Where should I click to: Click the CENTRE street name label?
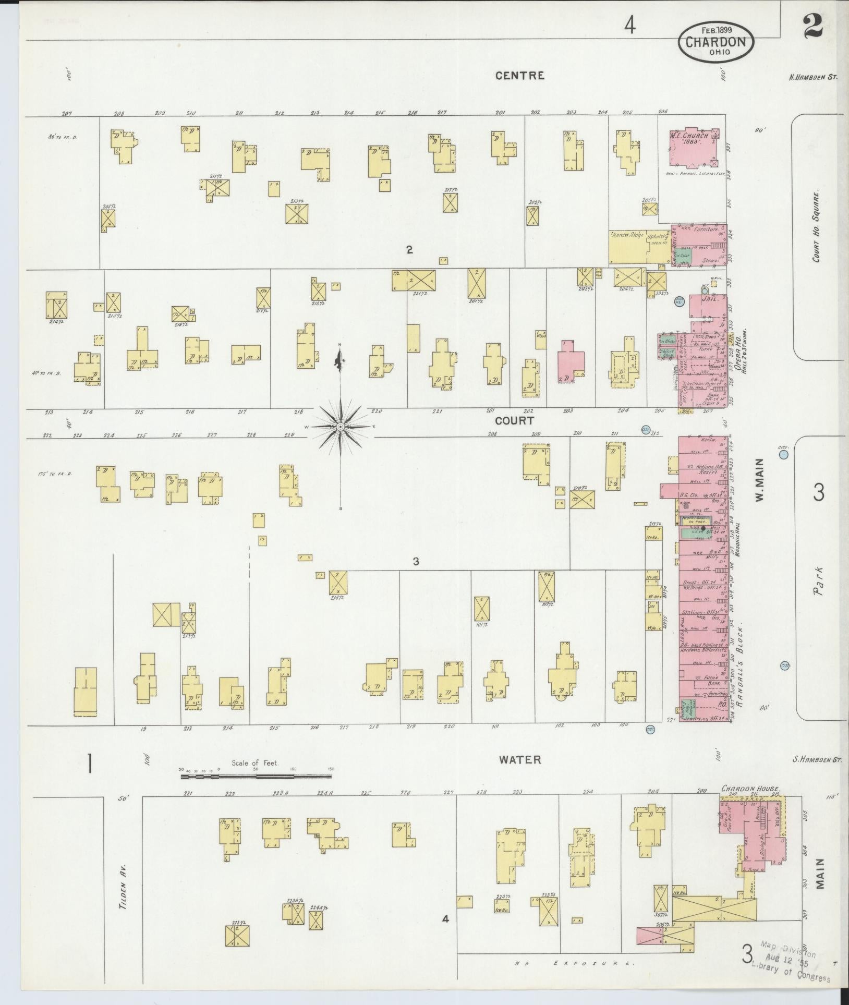point(519,76)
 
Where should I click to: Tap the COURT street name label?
point(514,420)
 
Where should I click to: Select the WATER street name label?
point(519,760)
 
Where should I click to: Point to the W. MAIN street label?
point(759,480)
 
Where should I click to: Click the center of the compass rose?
point(340,427)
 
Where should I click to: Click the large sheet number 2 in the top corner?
point(814,26)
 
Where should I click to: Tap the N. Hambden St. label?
point(812,77)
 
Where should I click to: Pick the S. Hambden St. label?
point(817,760)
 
